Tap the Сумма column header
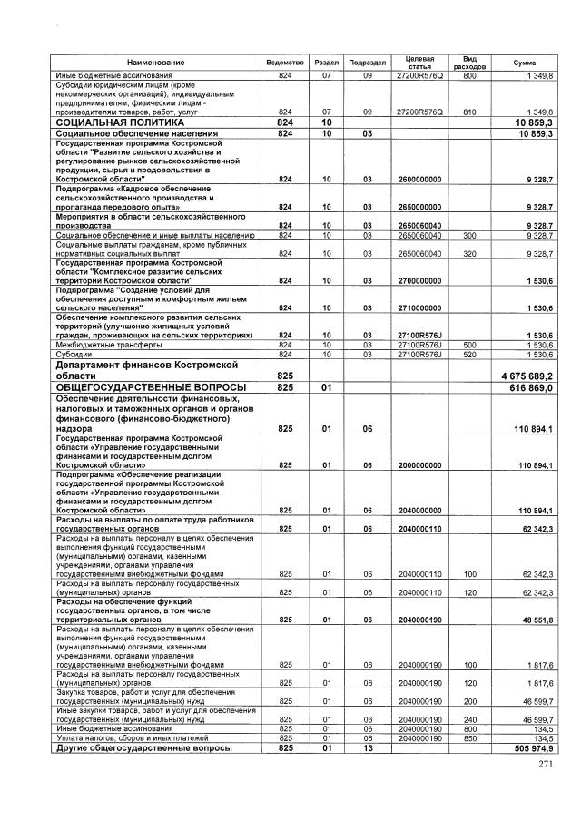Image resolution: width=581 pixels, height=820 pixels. pos(524,62)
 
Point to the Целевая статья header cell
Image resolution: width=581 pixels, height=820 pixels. pos(419,62)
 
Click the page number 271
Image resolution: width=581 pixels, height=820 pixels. pos(545,766)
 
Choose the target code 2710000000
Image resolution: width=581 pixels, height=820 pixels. pos(419,307)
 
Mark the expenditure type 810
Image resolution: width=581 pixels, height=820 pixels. pos(469,111)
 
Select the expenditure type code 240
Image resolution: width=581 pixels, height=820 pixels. pos(469,719)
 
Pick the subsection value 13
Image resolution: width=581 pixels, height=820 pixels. pos(368,748)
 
